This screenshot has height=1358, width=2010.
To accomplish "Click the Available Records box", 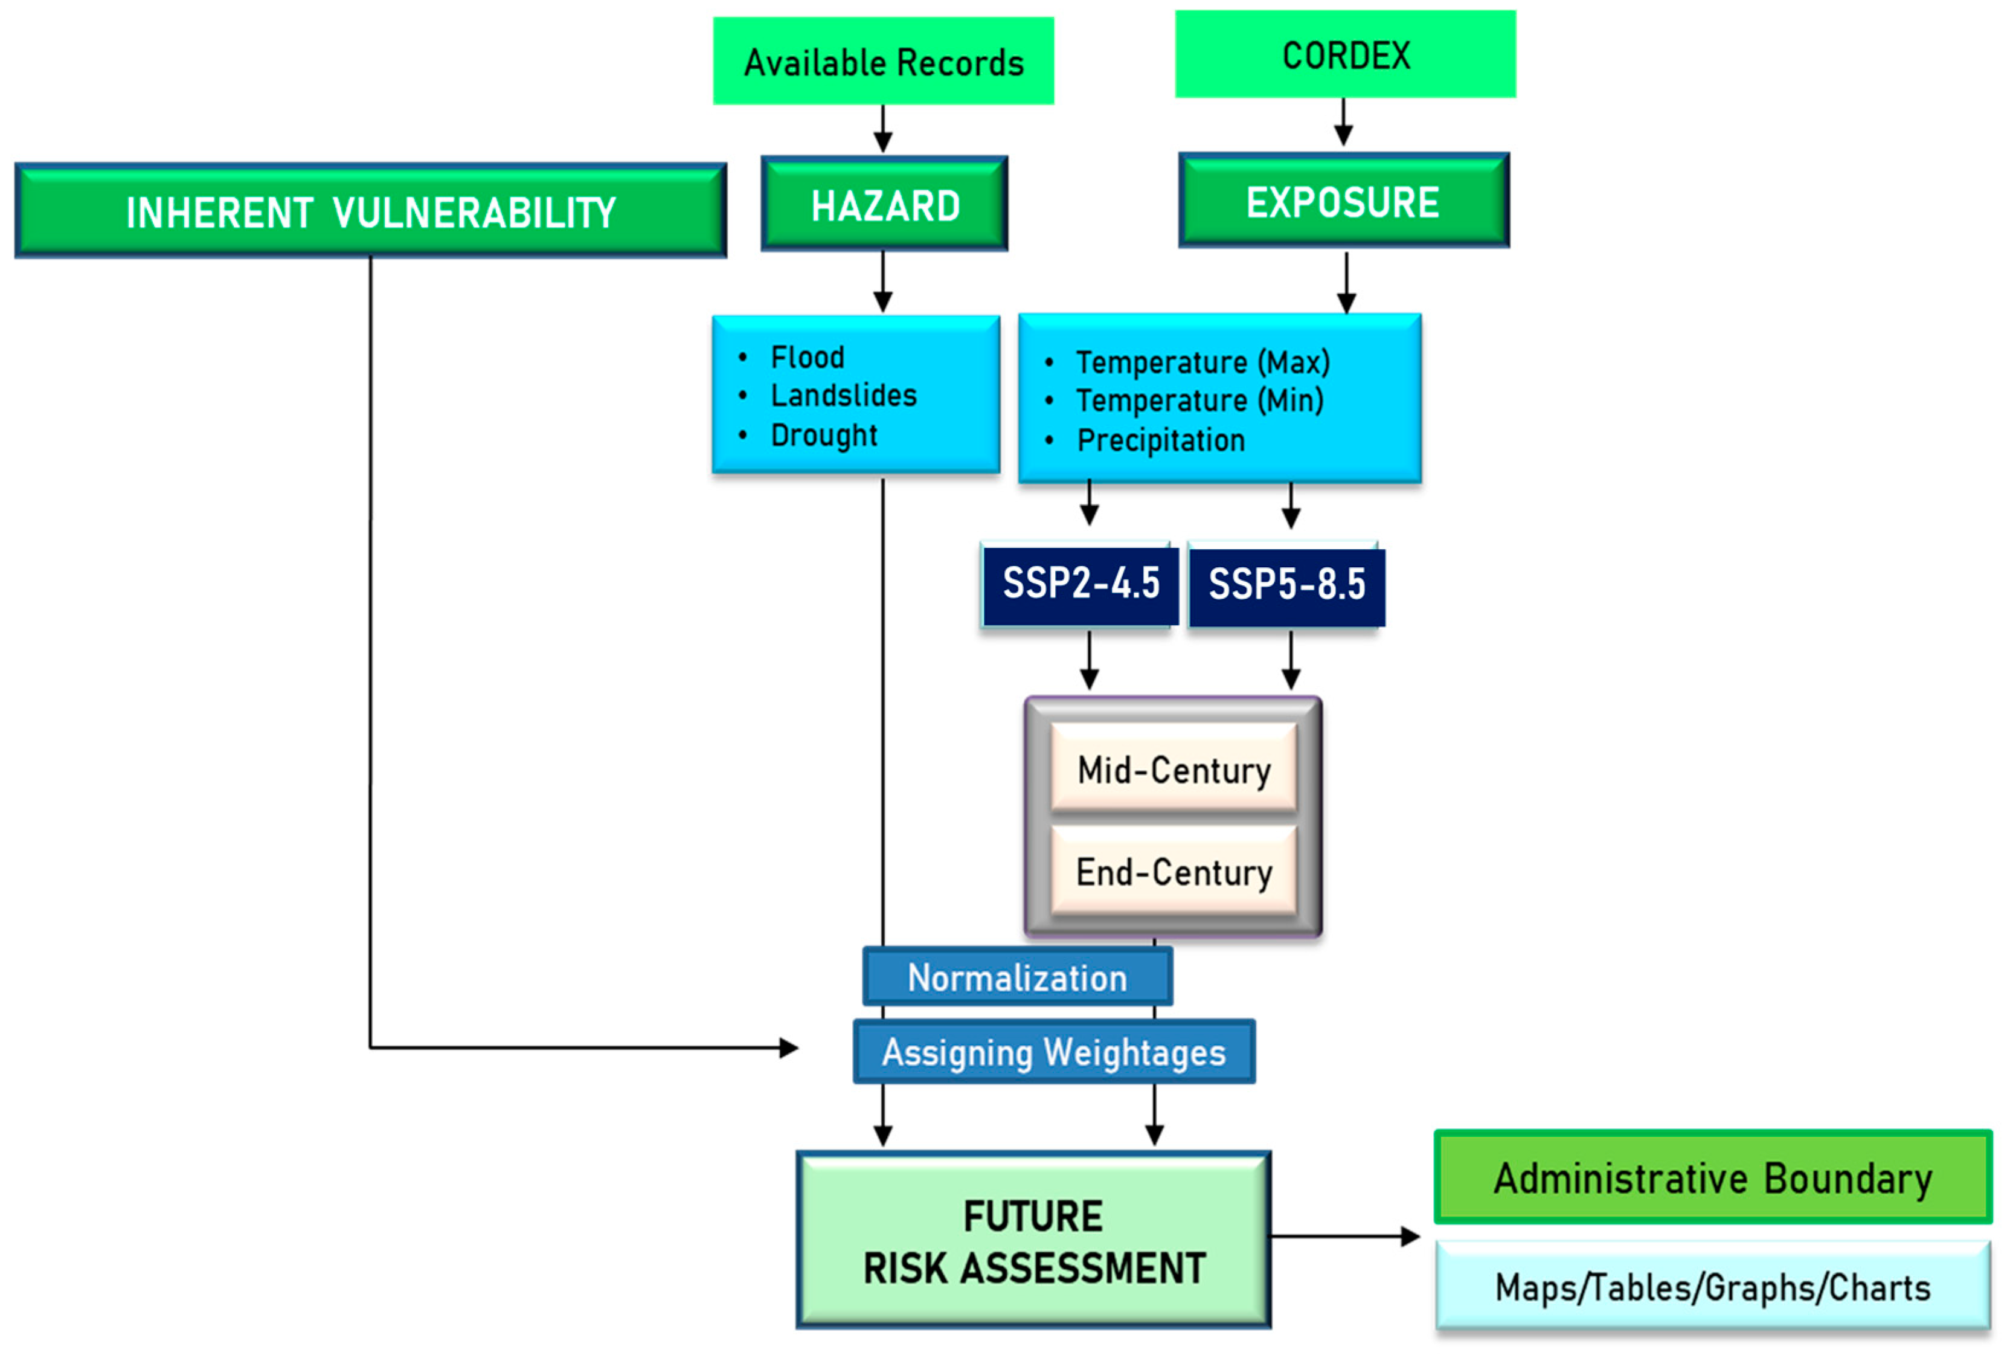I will (883, 62).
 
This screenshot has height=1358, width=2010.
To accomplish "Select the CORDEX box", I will (1345, 54).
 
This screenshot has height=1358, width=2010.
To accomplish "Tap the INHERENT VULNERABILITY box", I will (371, 211).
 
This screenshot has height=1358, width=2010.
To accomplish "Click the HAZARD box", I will (884, 204).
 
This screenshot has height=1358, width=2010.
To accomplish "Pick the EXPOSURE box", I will (1343, 202).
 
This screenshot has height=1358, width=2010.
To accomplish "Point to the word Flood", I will (807, 357).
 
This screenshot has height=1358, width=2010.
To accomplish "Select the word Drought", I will (823, 435).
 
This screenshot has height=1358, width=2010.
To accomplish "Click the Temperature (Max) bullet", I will (1202, 362).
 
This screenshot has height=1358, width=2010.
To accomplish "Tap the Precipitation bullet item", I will (1161, 440).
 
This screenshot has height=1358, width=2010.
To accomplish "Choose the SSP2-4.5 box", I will (1080, 584).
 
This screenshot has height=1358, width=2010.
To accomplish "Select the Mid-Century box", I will (1174, 770).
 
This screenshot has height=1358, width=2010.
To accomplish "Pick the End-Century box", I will (1174, 872).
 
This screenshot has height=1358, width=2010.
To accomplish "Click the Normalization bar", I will (1017, 977).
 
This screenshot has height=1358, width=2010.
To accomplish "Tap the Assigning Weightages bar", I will (1053, 1052).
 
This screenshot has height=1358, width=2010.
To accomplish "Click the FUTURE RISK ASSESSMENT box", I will (1033, 1240).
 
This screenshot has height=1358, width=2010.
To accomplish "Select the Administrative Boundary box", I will (1712, 1177).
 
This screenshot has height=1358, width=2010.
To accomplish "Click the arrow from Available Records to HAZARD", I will (882, 130).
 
